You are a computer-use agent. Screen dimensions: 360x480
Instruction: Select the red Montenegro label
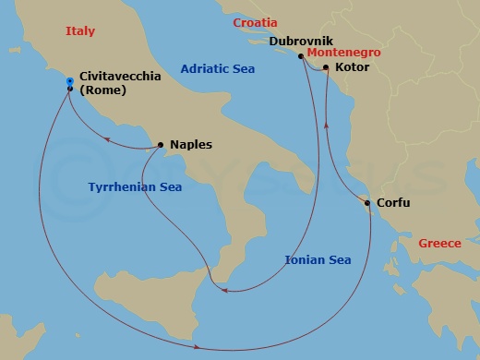pyautogui.click(x=344, y=54)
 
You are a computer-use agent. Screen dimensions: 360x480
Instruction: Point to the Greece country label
pyautogui.click(x=439, y=244)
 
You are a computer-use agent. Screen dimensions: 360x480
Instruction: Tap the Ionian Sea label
pyautogui.click(x=318, y=260)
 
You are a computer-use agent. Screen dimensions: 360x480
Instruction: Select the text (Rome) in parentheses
pyautogui.click(x=103, y=91)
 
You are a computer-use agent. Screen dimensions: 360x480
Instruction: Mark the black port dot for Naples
pyautogui.click(x=162, y=145)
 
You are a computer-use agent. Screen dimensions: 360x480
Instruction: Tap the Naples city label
pyautogui.click(x=191, y=145)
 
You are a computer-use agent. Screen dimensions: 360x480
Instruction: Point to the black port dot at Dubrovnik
pyautogui.click(x=300, y=55)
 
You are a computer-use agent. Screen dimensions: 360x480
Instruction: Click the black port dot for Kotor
pyautogui.click(x=326, y=67)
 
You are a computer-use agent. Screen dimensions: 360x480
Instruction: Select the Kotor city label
pyautogui.click(x=354, y=68)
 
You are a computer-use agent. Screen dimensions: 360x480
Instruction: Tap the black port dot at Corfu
pyautogui.click(x=367, y=203)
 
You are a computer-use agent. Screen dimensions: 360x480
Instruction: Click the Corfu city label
pyautogui.click(x=393, y=203)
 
